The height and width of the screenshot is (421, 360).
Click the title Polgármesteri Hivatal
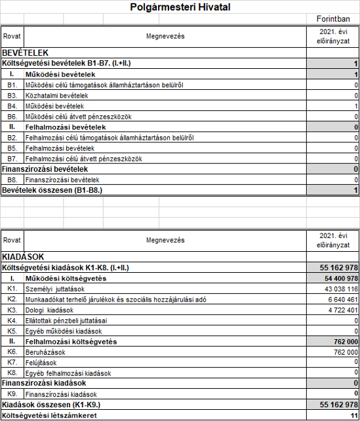[x=181, y=8]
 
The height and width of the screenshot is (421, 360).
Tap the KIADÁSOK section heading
[x=24, y=257]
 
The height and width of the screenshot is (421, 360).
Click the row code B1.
[x=12, y=85]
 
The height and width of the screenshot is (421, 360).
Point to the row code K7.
[x=12, y=362]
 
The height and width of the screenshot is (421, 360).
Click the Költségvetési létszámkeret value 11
[x=353, y=415]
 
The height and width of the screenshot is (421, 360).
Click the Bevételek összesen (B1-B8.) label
[x=55, y=190]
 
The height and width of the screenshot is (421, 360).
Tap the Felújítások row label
[x=41, y=362]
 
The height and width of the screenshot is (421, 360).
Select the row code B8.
[x=12, y=180]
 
